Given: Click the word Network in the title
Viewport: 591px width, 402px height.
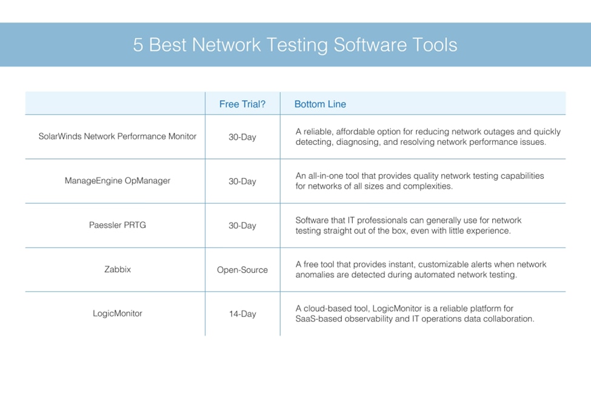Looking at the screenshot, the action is [226, 45].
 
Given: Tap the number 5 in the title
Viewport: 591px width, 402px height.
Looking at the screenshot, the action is [138, 45].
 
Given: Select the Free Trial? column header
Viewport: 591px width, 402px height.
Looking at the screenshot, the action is [242, 104].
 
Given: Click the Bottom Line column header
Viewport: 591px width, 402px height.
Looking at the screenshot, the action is [320, 104].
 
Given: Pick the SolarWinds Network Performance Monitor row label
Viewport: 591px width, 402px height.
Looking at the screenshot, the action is [117, 136].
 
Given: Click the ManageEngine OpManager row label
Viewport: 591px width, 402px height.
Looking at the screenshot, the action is [117, 181].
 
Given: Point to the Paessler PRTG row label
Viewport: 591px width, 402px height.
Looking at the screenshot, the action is [117, 225].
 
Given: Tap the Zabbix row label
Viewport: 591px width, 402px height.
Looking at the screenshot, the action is [118, 269].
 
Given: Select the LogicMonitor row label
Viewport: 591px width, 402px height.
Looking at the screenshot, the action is [117, 313].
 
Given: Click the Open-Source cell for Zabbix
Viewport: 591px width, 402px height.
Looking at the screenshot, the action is [242, 270].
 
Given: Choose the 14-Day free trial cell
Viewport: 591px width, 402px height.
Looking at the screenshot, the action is [242, 313].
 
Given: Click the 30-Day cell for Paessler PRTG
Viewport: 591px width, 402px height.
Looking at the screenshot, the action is [242, 226].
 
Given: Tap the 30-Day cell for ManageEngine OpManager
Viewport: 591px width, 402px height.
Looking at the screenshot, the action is [242, 181].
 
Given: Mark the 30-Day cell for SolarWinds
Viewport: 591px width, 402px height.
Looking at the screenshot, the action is [242, 137].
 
